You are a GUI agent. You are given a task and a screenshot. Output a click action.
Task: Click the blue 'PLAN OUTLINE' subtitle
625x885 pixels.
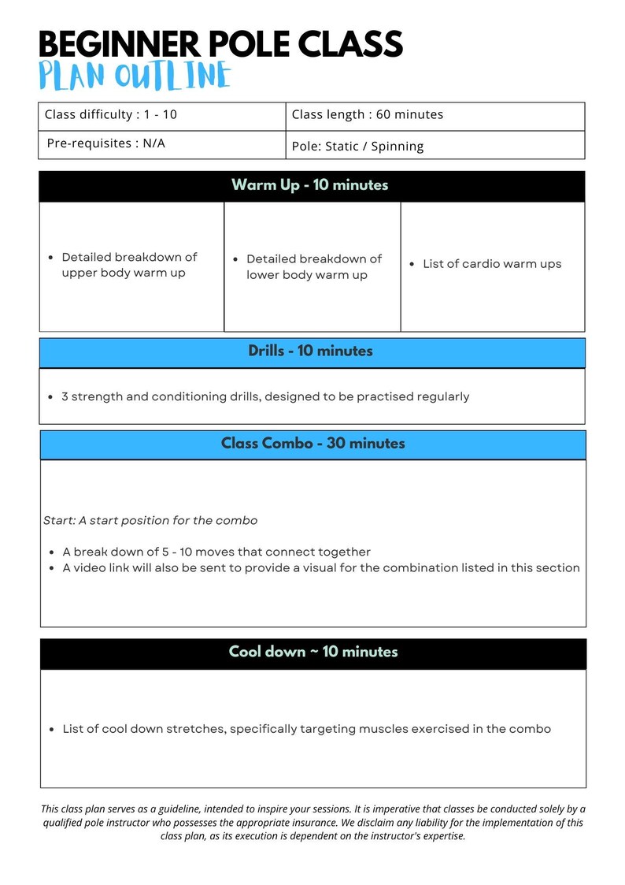pos(135,76)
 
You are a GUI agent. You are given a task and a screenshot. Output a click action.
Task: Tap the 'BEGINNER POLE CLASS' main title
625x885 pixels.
pos(220,44)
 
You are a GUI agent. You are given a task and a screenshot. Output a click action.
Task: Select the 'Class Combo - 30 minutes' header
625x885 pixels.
pos(312,444)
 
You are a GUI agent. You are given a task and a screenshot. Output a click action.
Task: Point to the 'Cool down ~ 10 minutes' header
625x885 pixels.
pos(313,652)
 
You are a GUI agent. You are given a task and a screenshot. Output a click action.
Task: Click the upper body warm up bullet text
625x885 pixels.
pos(129,266)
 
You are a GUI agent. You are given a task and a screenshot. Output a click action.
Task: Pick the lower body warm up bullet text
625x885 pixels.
pos(313,267)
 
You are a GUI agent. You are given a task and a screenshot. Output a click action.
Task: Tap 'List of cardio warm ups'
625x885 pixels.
pos(492,264)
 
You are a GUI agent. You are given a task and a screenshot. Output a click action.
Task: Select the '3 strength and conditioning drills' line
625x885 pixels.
pos(265,396)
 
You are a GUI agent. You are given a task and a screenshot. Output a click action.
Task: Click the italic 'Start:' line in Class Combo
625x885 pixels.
pos(150,521)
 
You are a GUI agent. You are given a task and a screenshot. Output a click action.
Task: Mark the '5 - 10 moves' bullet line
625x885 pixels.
pos(216,552)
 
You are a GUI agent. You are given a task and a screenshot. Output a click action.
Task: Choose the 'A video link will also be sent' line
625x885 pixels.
pos(321,567)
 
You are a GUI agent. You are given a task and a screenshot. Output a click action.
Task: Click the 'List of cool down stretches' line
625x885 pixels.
pos(306,729)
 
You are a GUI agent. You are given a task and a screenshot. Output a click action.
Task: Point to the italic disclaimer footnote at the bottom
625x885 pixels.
pos(312,822)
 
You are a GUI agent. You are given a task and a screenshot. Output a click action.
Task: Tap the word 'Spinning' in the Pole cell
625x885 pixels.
pos(398,146)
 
